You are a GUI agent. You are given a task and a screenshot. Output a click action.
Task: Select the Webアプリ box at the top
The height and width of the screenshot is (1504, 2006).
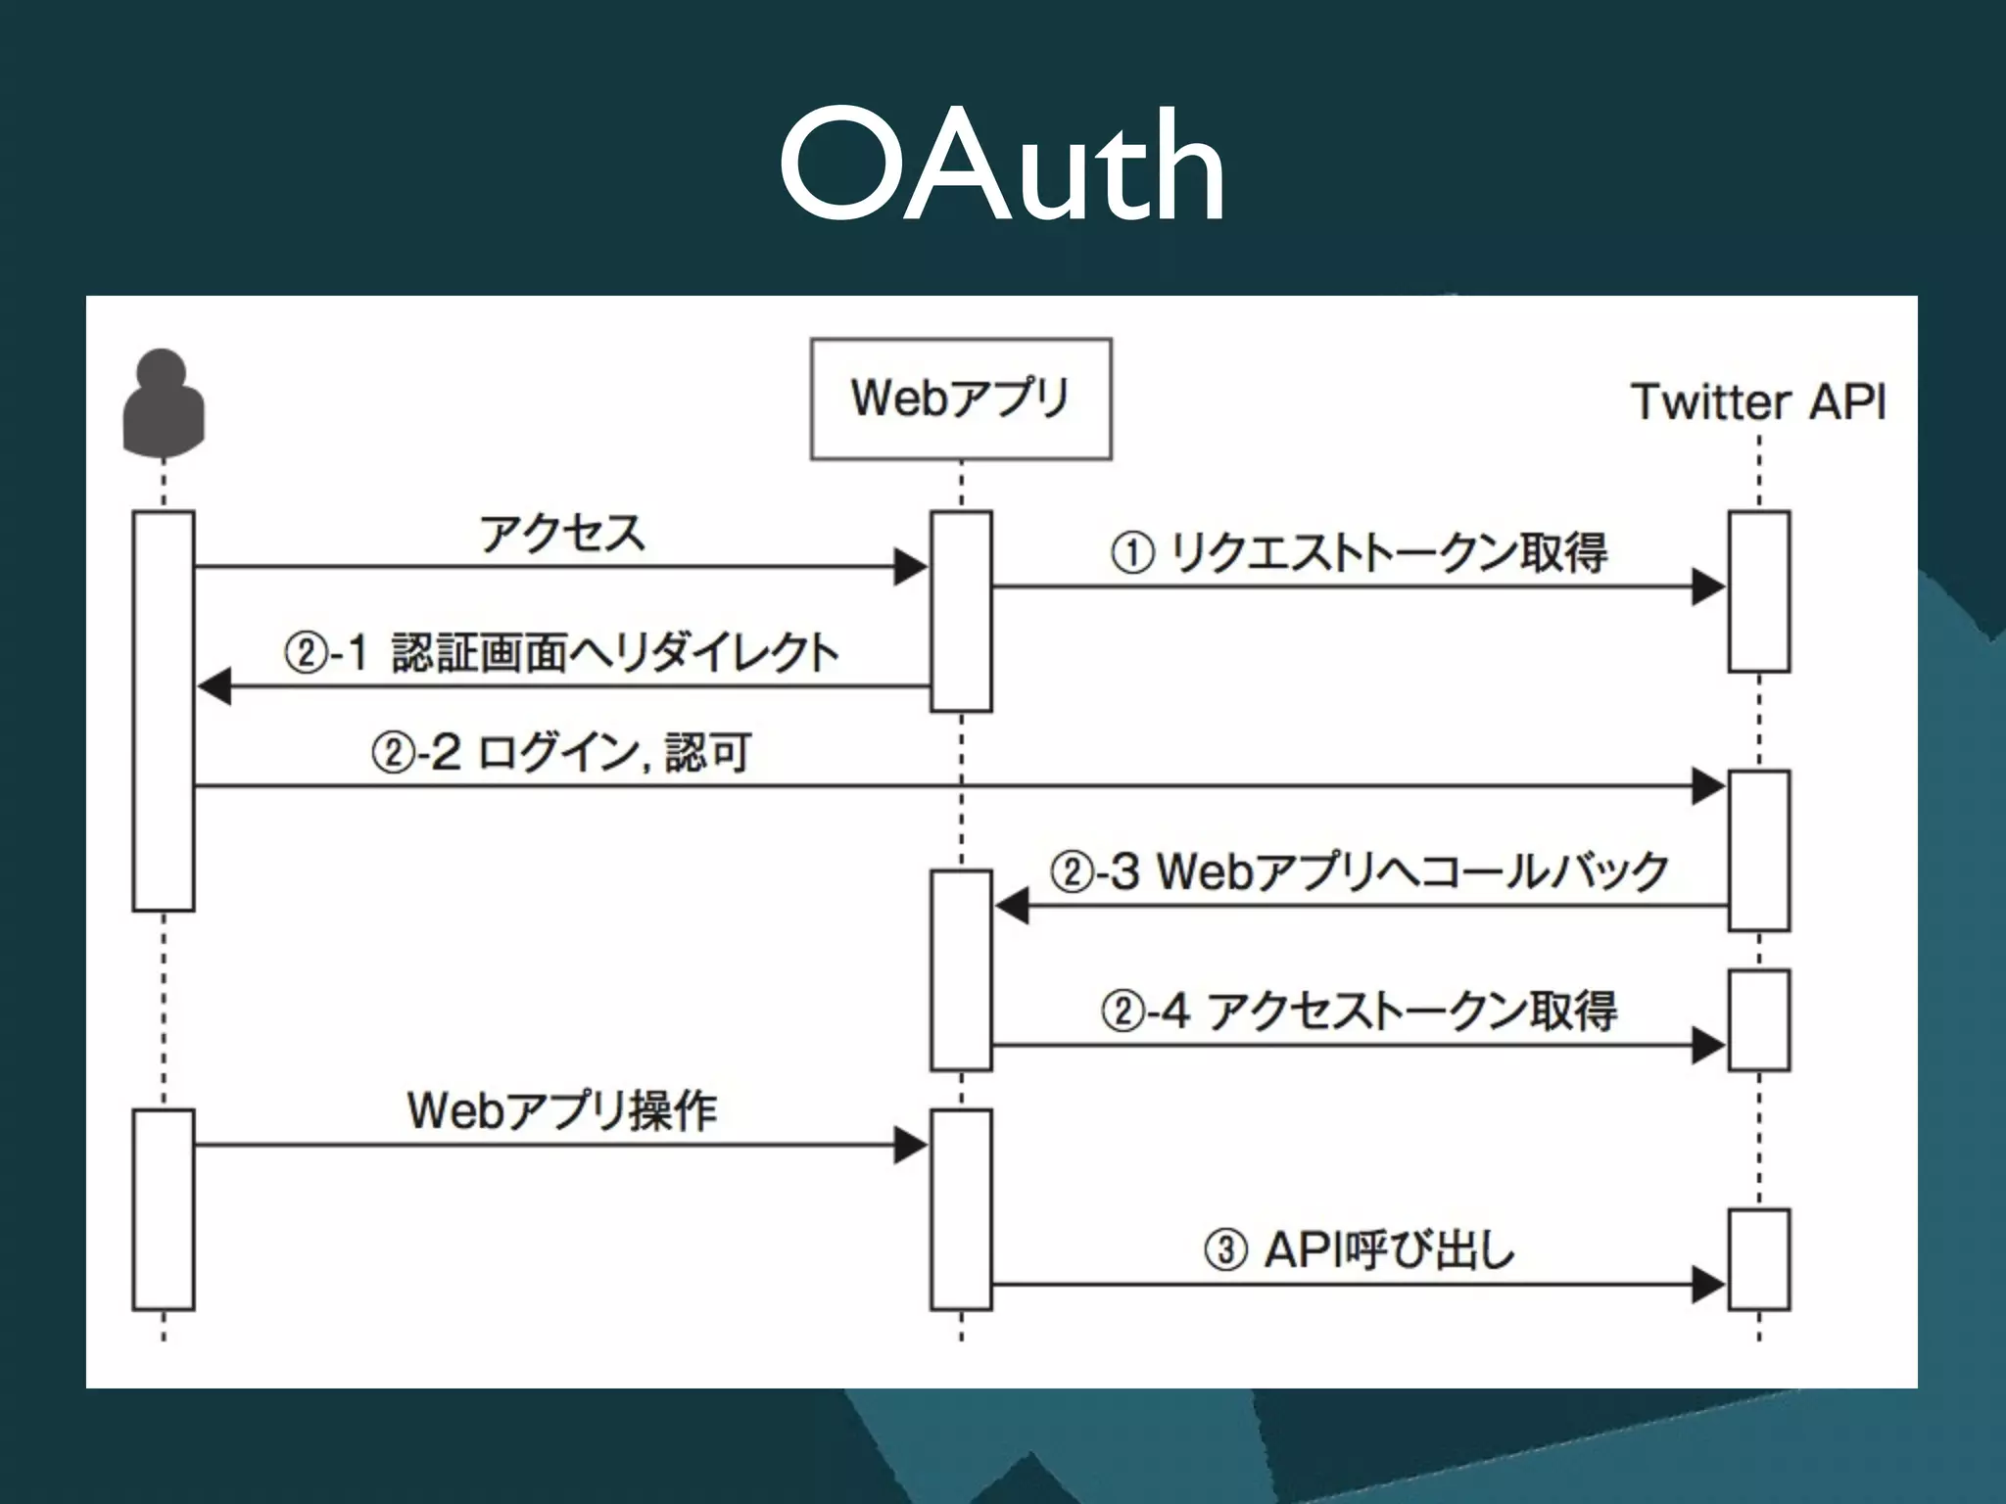961,399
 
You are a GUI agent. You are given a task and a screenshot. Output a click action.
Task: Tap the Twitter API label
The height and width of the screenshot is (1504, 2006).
1758,402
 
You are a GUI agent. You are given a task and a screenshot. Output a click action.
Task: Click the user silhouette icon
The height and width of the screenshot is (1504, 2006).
163,403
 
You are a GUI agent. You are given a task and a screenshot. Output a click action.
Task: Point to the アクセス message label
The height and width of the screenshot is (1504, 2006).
562,534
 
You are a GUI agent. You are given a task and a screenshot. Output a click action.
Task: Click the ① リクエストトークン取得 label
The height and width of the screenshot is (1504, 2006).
1359,553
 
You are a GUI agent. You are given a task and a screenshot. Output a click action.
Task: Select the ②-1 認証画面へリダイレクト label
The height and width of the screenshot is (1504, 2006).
562,653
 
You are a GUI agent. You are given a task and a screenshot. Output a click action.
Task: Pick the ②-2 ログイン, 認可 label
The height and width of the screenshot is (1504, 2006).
562,753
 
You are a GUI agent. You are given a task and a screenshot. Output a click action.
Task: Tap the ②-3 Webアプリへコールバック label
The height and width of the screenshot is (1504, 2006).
1359,870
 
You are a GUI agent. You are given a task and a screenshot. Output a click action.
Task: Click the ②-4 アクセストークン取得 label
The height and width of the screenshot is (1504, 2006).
1359,1010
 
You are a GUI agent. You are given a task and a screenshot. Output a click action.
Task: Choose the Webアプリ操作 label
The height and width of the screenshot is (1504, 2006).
562,1110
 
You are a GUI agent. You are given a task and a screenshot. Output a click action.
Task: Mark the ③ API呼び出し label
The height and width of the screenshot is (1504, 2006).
1359,1250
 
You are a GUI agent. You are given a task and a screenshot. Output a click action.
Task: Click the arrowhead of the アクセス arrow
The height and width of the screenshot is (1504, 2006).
911,566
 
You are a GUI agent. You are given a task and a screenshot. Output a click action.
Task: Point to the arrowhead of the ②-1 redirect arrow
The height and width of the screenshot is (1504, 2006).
215,686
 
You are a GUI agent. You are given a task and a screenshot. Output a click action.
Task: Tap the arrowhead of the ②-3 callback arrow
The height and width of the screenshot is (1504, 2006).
1012,906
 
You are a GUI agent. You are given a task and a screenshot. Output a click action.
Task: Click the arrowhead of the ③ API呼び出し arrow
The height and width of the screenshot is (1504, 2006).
1708,1284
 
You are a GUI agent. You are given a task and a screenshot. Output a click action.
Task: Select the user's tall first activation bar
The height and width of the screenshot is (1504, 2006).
164,711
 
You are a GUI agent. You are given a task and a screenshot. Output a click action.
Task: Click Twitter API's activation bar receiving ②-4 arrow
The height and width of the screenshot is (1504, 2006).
1759,1020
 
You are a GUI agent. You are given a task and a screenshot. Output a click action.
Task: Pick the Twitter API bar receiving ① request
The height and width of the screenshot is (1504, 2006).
1759,591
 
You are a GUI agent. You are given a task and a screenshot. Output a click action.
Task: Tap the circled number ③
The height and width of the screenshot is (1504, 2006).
1225,1250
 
